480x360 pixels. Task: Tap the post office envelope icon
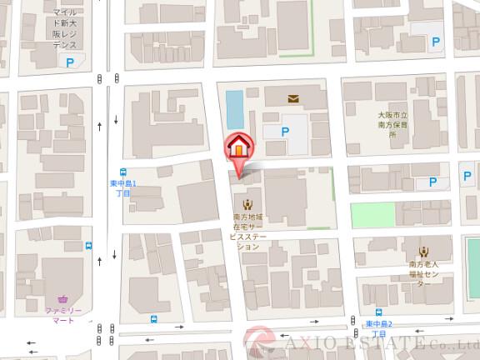click(x=292, y=98)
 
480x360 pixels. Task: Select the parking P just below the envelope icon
click(x=286, y=131)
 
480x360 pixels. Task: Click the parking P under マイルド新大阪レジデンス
click(x=71, y=62)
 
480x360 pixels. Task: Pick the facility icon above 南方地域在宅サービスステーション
click(x=246, y=203)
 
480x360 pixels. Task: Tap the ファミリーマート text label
click(x=64, y=314)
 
